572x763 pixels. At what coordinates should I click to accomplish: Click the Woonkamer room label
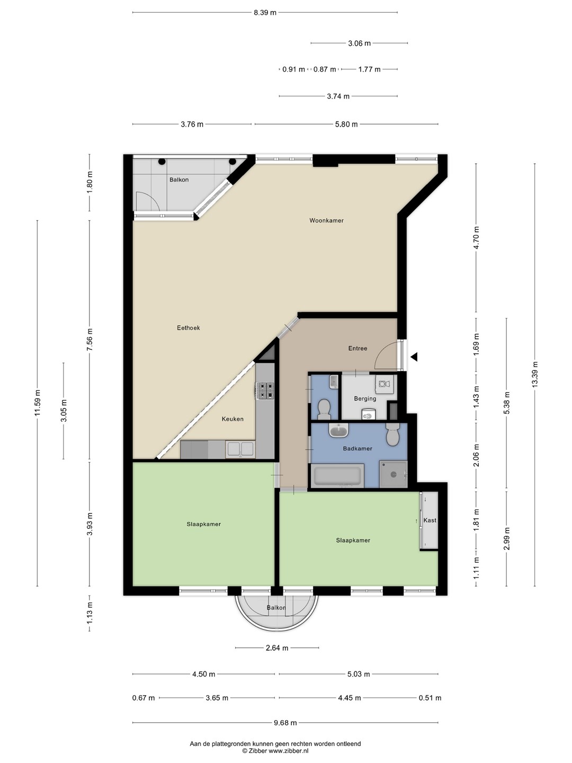click(x=326, y=220)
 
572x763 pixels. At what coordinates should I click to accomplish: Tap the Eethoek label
click(x=188, y=327)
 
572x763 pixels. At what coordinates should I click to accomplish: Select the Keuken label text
click(x=233, y=419)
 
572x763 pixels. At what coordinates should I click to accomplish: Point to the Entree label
click(x=358, y=348)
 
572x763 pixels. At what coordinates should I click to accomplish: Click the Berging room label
click(x=365, y=398)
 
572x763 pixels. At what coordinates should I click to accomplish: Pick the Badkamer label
click(x=358, y=448)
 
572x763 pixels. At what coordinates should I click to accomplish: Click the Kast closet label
click(x=430, y=520)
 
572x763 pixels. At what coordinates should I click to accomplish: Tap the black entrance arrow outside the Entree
click(x=414, y=357)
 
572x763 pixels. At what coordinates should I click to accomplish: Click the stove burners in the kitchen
click(x=265, y=391)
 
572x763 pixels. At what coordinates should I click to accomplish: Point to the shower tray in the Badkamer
click(x=393, y=474)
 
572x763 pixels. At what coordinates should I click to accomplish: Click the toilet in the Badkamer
click(x=393, y=434)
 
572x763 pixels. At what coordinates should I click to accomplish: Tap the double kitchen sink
click(x=240, y=449)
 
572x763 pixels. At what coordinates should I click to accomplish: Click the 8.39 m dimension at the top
click(x=265, y=13)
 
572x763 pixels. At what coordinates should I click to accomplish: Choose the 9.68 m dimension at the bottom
click(x=285, y=723)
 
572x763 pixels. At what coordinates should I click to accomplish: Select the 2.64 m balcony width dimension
click(x=277, y=648)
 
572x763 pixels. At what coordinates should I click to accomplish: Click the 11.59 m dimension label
click(x=38, y=403)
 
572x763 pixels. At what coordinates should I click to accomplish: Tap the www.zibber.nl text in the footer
click(x=288, y=751)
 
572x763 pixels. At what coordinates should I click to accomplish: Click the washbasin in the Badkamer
click(x=338, y=431)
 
